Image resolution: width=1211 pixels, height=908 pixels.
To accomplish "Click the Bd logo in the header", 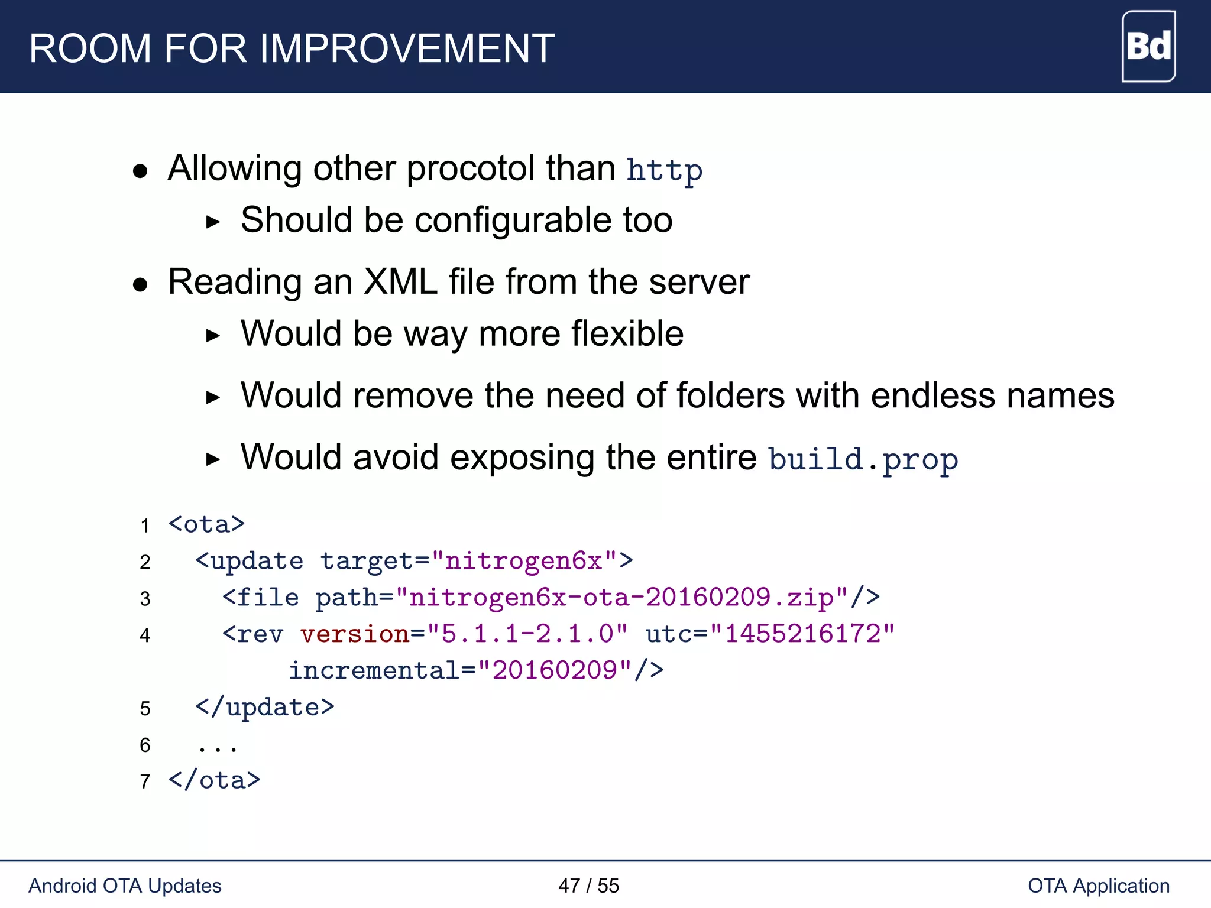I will [1148, 46].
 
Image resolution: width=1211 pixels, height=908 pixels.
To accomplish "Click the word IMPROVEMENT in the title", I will [407, 48].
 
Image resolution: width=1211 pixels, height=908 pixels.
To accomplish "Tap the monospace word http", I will [664, 170].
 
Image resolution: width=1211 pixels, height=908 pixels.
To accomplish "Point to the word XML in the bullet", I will [400, 281].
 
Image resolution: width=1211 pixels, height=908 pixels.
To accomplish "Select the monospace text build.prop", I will [863, 459].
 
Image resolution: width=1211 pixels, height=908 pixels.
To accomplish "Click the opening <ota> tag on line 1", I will [206, 524].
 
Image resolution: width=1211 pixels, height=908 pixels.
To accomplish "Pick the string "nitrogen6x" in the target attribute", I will [524, 560].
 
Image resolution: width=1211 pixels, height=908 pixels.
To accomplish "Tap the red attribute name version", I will [355, 634].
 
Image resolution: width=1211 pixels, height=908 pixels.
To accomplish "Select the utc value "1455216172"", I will [802, 634].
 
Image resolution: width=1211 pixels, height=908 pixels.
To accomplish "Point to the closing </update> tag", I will [265, 707].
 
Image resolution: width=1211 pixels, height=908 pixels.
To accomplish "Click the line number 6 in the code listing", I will [145, 745].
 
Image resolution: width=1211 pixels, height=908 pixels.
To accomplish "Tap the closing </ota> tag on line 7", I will [214, 780].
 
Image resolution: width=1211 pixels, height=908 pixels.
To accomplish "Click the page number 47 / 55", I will [588, 886].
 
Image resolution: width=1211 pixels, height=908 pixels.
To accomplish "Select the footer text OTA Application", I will [1099, 886].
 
